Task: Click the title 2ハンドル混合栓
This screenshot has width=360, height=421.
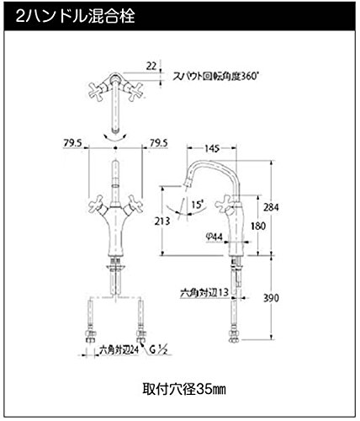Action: click(x=75, y=16)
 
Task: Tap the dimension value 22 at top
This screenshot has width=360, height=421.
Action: click(x=151, y=67)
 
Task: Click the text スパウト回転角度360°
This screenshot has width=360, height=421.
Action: click(x=214, y=77)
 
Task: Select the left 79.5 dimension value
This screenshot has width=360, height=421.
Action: click(x=72, y=143)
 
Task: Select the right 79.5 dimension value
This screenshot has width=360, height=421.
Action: click(x=158, y=143)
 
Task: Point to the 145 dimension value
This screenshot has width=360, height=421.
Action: click(x=212, y=148)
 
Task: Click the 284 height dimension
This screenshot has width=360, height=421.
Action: click(x=271, y=207)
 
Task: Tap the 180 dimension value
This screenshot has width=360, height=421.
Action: click(x=258, y=226)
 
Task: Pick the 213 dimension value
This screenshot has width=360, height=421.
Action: click(x=162, y=221)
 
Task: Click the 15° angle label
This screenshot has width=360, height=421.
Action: click(x=198, y=205)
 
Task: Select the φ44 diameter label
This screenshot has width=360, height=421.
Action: click(x=214, y=237)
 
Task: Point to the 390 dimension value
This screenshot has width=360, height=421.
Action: click(x=271, y=298)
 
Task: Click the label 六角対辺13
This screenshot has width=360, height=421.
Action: click(x=204, y=293)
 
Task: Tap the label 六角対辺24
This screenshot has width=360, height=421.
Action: click(x=119, y=350)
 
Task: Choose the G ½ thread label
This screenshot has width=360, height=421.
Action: click(x=158, y=350)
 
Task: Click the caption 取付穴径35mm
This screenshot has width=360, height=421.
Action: click(x=184, y=389)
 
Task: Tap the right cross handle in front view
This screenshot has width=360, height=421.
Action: click(x=134, y=205)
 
